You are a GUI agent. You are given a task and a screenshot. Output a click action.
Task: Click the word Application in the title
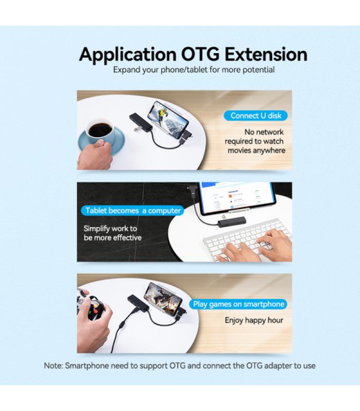point(128,55)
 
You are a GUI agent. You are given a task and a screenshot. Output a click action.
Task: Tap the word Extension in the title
point(266,54)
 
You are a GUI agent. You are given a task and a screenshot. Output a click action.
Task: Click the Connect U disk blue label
point(256,116)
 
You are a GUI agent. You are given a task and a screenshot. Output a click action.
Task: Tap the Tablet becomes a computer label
point(133,211)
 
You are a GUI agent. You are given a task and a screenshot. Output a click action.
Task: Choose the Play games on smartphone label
point(238,304)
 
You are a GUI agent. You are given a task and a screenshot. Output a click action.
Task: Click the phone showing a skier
point(168,120)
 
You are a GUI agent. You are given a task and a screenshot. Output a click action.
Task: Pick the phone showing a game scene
point(163,299)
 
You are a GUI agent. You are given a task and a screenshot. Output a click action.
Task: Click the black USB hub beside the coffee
point(140,121)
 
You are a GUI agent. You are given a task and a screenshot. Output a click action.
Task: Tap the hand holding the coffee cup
point(95,155)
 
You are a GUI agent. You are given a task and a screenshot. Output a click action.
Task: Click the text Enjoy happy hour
point(254,320)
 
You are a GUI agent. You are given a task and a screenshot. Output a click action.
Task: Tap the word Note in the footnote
point(53,366)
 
